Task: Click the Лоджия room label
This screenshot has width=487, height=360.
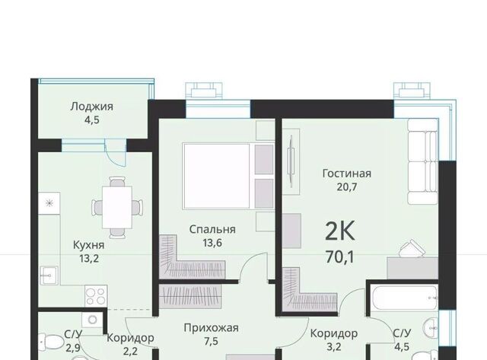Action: [91, 107]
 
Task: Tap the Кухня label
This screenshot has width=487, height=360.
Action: [89, 245]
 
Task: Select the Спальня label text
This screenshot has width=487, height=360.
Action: [212, 229]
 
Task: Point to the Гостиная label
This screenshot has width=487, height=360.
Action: [347, 173]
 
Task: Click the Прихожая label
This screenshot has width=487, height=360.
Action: [212, 328]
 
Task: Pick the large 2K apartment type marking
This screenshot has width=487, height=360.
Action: [340, 231]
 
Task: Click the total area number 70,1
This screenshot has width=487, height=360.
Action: [340, 257]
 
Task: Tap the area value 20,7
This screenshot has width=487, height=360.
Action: [347, 187]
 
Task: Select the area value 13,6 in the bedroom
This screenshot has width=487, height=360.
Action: [212, 243]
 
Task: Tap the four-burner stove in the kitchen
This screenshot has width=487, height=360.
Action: [96, 296]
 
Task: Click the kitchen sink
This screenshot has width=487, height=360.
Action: [49, 276]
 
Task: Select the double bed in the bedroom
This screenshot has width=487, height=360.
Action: [228, 176]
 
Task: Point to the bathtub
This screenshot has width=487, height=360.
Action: [404, 298]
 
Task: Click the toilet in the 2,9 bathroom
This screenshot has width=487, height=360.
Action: [51, 342]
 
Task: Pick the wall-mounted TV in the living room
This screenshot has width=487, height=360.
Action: [291, 161]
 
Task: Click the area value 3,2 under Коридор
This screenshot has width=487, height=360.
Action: [334, 346]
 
